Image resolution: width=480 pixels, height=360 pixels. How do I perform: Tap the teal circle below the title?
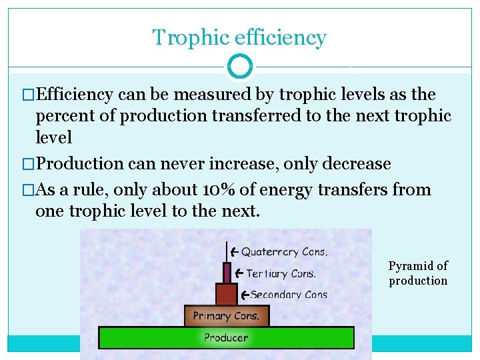[x=240, y=67]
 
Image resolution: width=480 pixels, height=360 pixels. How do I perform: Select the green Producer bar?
[x=226, y=338]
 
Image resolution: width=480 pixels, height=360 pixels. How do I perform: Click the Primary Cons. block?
[x=226, y=316]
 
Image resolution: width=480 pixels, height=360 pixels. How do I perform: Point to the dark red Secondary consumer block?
[x=226, y=294]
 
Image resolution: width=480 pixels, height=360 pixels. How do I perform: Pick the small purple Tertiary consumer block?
[x=227, y=273]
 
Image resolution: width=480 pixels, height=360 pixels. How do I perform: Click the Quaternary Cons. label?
[x=284, y=252]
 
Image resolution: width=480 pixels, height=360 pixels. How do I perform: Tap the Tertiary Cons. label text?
[x=281, y=273]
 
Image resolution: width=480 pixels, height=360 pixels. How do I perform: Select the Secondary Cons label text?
[x=289, y=295]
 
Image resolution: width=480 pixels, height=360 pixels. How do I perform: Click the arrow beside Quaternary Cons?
[x=233, y=251]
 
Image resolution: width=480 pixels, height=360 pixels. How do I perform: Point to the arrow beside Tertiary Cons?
[x=237, y=273]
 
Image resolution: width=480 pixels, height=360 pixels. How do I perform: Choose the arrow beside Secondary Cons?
[x=245, y=294]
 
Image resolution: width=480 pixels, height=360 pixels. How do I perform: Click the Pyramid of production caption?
[x=418, y=273]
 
